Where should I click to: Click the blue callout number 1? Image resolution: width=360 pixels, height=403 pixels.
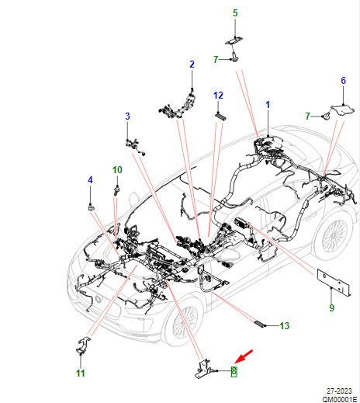pos(268,105)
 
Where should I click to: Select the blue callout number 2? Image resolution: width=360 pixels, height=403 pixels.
pos(192,64)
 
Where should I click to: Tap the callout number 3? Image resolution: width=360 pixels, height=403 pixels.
pos(127,116)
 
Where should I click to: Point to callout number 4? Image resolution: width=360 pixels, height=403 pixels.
pos(90,180)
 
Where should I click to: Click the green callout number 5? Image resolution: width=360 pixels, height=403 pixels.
pos(235,13)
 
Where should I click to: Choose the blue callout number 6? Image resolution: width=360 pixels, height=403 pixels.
pos(343,81)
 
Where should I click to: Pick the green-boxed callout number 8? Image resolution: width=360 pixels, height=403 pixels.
pos(234,371)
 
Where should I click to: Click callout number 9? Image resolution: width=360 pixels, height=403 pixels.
pos(332,307)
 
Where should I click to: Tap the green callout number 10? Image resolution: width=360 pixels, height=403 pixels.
pos(117,170)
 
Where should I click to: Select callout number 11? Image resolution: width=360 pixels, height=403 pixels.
pos(81,373)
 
